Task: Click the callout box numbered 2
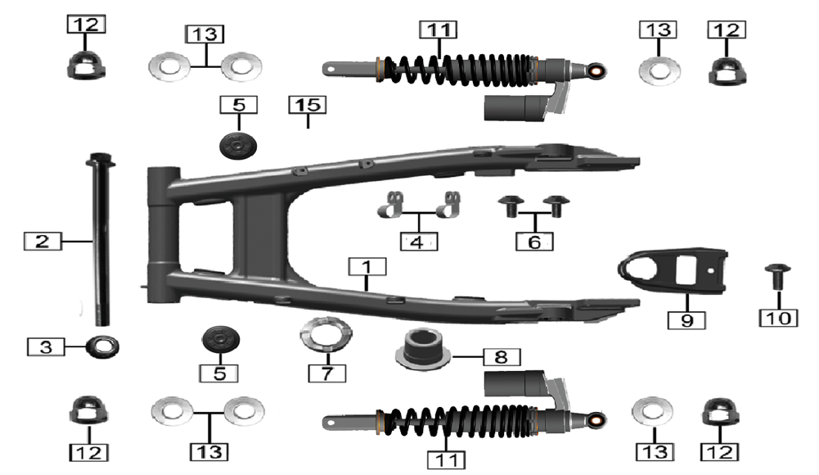pos(43,242)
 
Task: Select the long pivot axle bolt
pos(101,239)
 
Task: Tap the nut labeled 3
pos(102,346)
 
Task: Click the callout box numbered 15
pos(308,105)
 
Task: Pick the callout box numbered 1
pos(367,266)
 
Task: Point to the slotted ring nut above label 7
pos(326,333)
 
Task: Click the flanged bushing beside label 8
pos(422,349)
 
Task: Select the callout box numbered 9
pos(686,319)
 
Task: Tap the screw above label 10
pos(778,276)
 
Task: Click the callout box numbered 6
pos(534,242)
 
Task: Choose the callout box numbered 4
pos(419,242)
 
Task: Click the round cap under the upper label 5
pos(238,145)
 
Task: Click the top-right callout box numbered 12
pos(727,29)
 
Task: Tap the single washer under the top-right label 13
pos(659,70)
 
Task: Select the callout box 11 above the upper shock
pos(439,29)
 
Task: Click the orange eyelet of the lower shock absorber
pos(596,419)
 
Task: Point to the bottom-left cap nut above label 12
pos(89,410)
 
